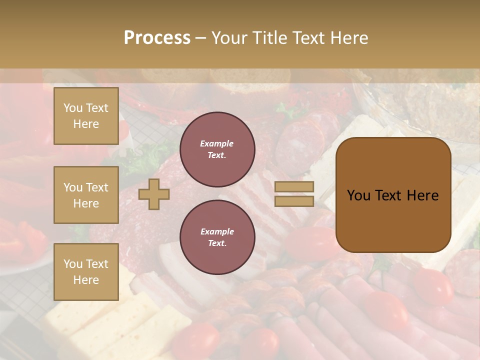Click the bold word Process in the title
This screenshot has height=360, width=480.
[x=157, y=38]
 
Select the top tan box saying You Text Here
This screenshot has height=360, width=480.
[x=86, y=116]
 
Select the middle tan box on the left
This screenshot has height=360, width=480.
[x=86, y=195]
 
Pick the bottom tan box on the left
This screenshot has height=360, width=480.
[x=86, y=271]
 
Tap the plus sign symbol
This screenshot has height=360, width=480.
[x=154, y=194]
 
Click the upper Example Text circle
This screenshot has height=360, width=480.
[x=217, y=149]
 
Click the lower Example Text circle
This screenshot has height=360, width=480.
[x=217, y=237]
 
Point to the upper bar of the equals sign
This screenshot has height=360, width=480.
[x=294, y=187]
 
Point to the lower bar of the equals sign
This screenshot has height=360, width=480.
[x=294, y=201]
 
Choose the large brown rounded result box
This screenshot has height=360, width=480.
[x=393, y=195]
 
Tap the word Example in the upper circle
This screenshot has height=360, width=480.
[x=216, y=143]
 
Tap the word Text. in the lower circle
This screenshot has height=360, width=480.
[x=217, y=243]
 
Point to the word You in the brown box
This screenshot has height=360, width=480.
[x=358, y=195]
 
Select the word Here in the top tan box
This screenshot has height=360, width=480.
[x=86, y=124]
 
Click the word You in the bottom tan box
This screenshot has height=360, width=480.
[x=73, y=264]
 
